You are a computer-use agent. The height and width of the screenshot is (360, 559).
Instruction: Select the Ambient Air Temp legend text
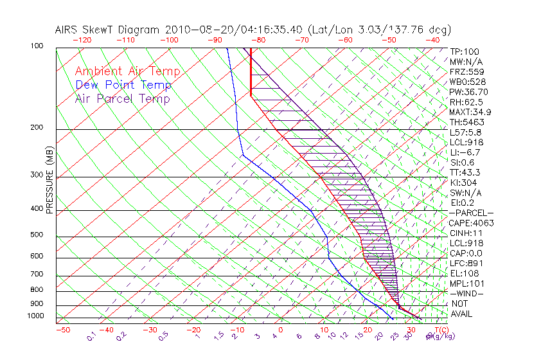coord(128,71)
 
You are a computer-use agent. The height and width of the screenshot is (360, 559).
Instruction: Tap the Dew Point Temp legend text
coord(123,85)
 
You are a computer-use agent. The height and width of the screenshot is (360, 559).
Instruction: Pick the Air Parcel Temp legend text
coord(123,98)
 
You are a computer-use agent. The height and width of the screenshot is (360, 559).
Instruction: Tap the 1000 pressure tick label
coord(36,316)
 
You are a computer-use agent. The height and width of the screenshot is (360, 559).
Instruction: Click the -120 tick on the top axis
coord(82,40)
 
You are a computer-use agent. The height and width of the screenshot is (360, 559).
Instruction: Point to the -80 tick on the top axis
coord(258,40)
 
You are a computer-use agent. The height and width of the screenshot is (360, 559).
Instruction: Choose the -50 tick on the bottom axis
coord(62,330)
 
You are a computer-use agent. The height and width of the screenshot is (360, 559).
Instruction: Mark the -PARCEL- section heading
coord(471,213)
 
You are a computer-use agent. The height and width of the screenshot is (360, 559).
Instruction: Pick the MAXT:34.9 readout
coord(470,112)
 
